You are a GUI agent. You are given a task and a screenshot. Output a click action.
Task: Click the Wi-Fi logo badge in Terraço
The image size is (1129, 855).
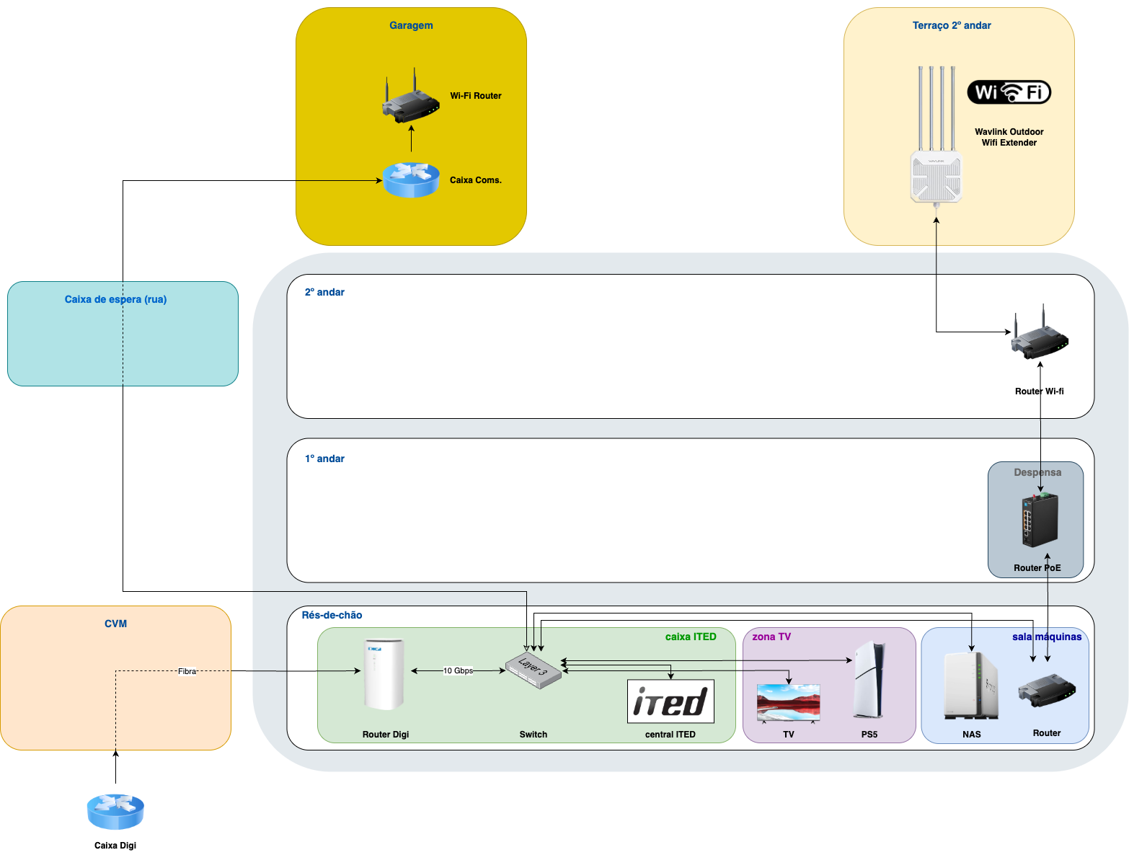pyautogui.click(x=1009, y=92)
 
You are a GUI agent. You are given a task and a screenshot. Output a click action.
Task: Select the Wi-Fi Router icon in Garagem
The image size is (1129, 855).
pyautogui.click(x=410, y=100)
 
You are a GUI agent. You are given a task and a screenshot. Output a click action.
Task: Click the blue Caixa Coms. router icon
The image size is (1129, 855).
pyautogui.click(x=411, y=180)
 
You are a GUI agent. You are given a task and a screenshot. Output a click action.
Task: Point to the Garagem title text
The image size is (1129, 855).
pyautogui.click(x=411, y=25)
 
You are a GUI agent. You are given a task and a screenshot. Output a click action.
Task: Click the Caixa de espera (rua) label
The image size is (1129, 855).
pyautogui.click(x=115, y=299)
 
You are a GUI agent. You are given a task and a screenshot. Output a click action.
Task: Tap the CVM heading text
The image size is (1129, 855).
pyautogui.click(x=115, y=624)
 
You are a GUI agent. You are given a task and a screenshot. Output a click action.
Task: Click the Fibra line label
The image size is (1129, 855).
pyautogui.click(x=187, y=671)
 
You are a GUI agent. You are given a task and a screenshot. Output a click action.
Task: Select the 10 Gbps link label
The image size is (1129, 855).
pyautogui.click(x=458, y=670)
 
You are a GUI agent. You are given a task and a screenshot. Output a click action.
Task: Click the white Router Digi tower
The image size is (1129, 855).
pyautogui.click(x=384, y=675)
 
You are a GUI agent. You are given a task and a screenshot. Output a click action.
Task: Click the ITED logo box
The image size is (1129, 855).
pyautogui.click(x=670, y=701)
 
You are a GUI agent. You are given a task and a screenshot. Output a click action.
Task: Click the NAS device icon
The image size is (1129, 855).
pyautogui.click(x=970, y=686)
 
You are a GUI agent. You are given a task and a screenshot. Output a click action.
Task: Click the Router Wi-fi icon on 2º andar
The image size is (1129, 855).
pyautogui.click(x=1039, y=336)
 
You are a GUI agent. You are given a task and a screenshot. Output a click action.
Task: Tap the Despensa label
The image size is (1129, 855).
pyautogui.click(x=1037, y=472)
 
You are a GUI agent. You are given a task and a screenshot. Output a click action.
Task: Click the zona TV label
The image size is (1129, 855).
pyautogui.click(x=771, y=637)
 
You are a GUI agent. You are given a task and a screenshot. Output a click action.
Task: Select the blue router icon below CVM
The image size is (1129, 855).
pyautogui.click(x=115, y=812)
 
